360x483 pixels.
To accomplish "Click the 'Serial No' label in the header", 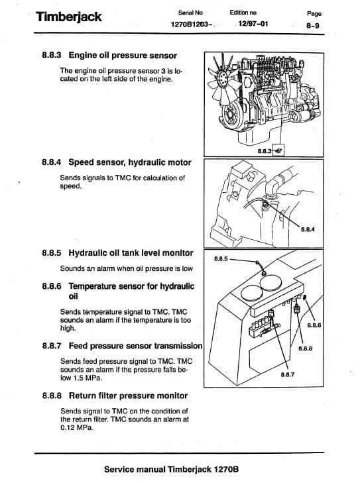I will pos(190,13).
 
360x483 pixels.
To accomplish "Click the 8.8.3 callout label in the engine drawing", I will pos(264,151).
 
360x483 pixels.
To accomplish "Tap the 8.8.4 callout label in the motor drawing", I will pos(307,230).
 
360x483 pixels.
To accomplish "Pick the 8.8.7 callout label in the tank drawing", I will pos(287,375).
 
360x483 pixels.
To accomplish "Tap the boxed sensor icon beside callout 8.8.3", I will pos(278,151).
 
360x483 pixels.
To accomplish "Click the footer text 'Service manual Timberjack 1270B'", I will pos(171,469).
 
